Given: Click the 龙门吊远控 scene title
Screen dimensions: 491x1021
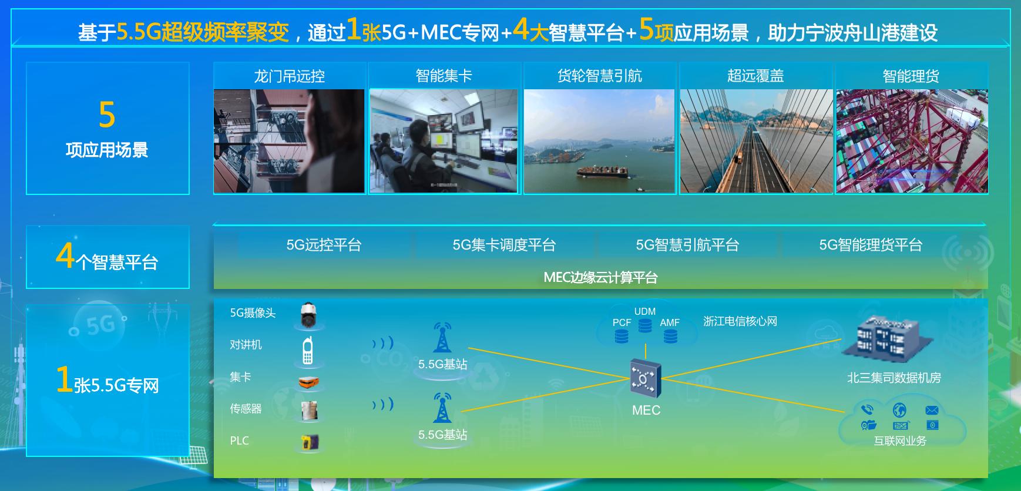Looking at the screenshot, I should click(x=289, y=76).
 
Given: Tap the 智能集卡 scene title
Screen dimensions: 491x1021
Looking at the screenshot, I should click(x=444, y=76).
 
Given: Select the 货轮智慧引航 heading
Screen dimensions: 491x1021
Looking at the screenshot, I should click(x=599, y=76).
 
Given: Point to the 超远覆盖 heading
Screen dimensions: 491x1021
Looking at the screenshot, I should click(x=755, y=76).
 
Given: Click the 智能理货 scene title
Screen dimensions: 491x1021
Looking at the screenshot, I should click(x=911, y=76).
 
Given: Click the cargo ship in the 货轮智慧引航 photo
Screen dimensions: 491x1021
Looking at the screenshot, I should click(x=602, y=171).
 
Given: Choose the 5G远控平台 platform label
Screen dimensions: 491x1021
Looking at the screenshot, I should click(x=324, y=245).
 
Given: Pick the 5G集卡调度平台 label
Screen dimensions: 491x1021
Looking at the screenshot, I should click(x=504, y=245).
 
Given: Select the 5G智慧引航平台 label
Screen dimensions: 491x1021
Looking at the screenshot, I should click(x=687, y=245).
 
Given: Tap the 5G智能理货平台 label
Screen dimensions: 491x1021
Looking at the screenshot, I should click(x=871, y=245).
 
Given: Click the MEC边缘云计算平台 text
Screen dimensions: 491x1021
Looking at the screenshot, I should click(x=600, y=277).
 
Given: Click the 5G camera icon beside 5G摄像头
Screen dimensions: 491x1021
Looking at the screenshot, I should click(x=308, y=315).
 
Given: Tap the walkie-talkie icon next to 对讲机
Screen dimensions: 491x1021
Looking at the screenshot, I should click(x=307, y=350).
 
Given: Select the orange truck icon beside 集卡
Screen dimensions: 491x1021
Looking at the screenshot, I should click(x=308, y=383).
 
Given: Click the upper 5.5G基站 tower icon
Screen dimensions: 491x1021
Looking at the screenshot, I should click(x=442, y=338).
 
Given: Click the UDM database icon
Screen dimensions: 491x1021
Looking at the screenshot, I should click(x=645, y=325).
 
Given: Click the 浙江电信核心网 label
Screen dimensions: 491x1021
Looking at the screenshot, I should click(x=740, y=321).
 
